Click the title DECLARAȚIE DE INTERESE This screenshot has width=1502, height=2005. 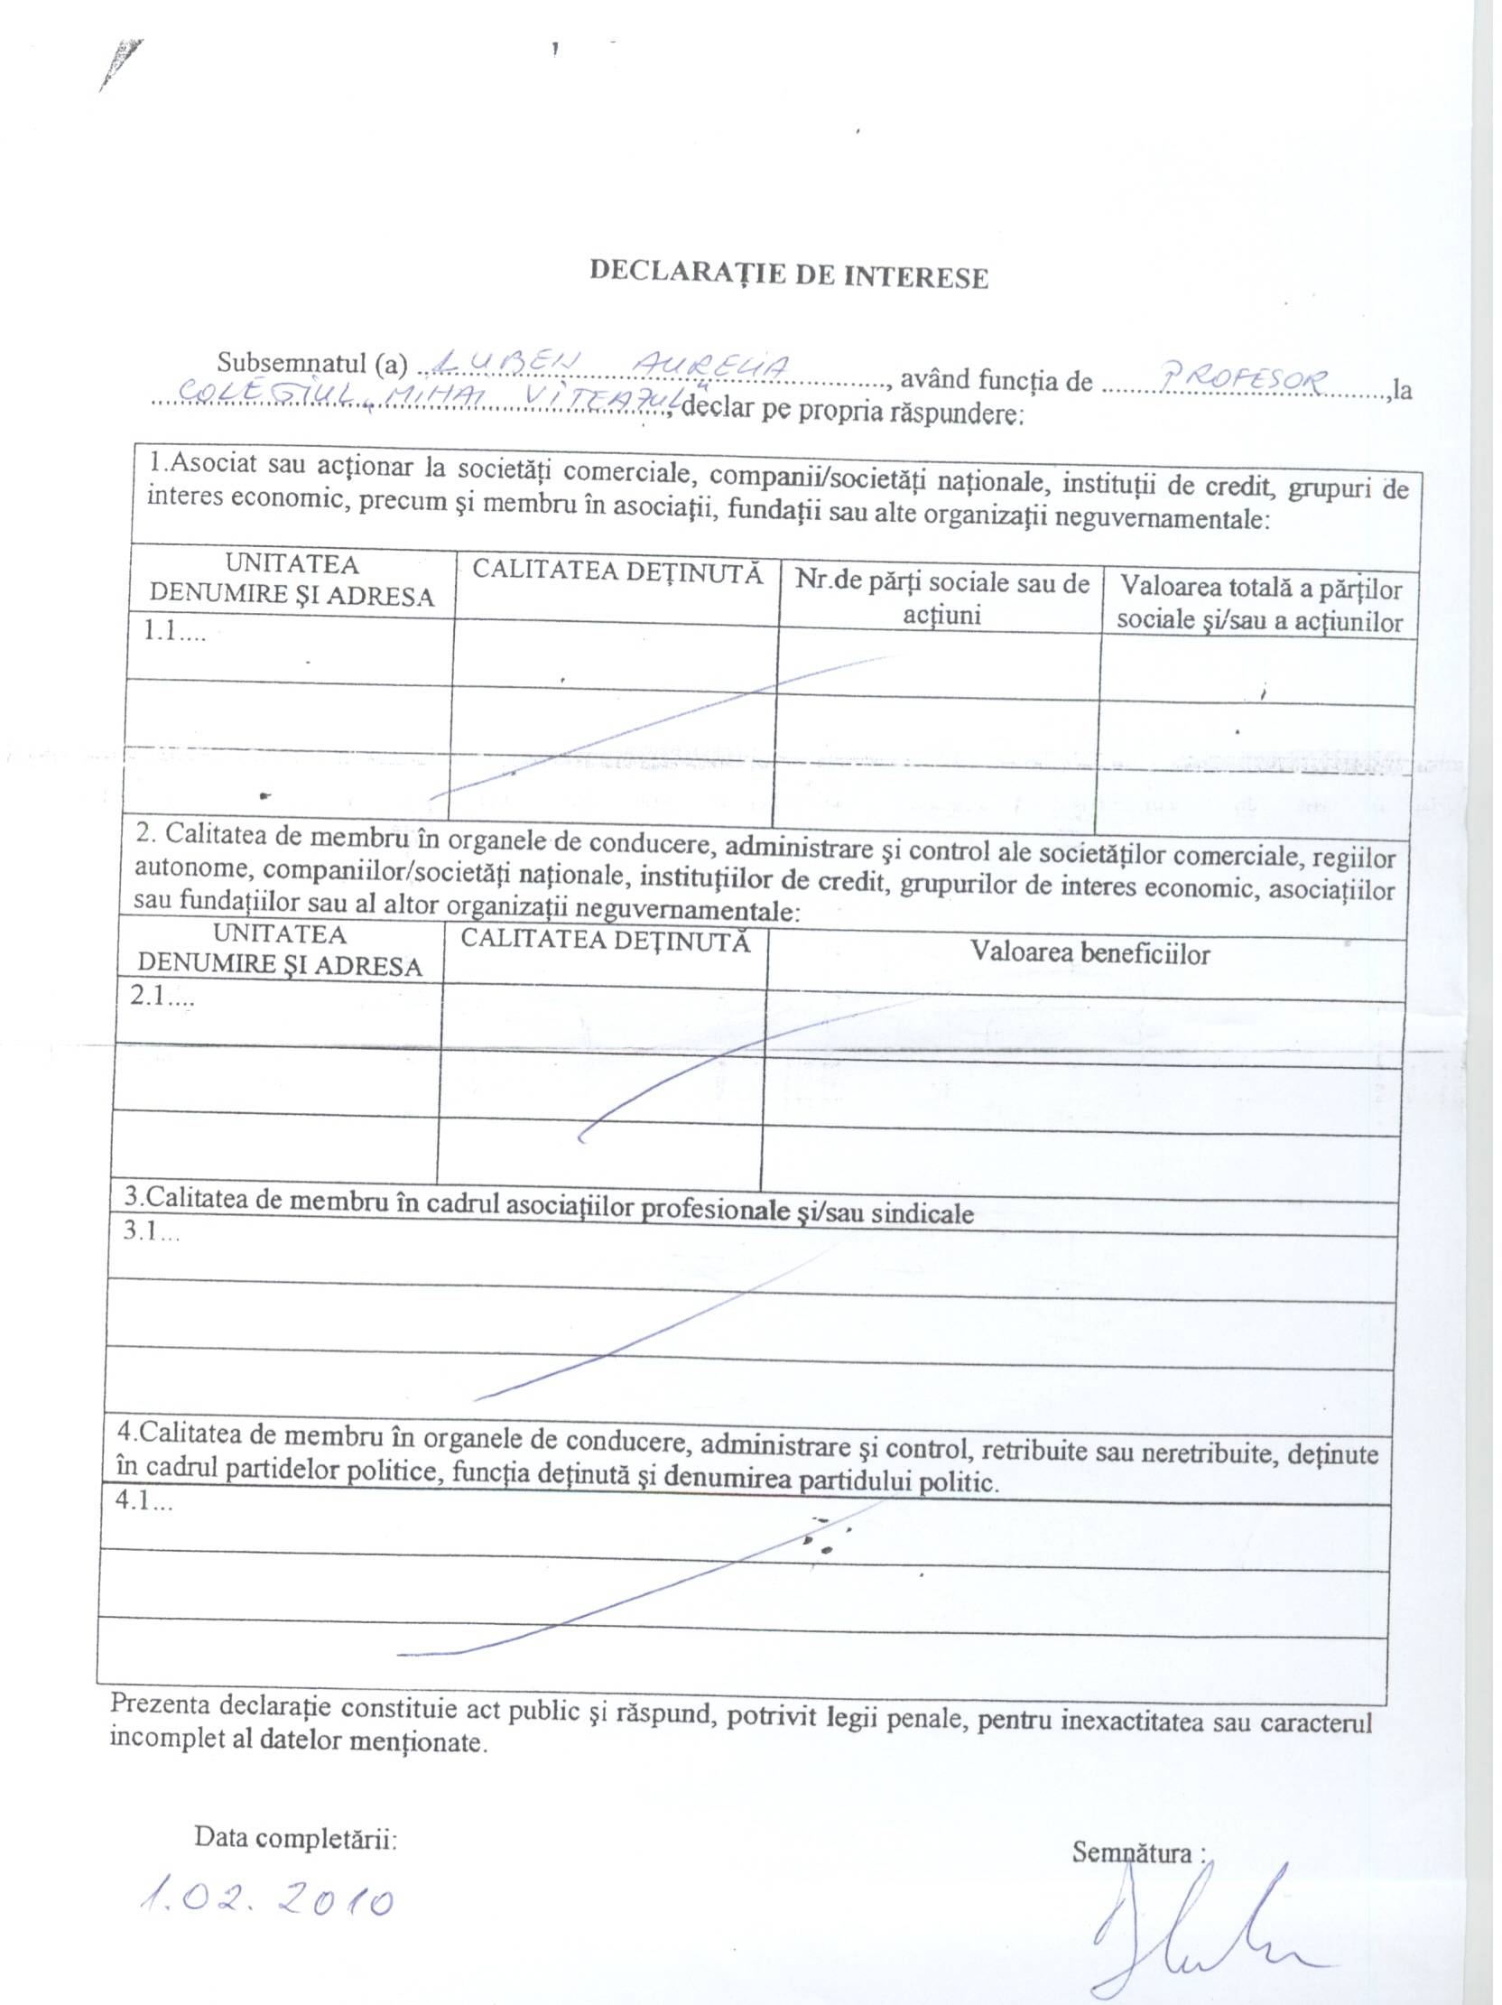[788, 274]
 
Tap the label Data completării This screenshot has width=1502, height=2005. [295, 1838]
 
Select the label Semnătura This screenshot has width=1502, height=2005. [1133, 1852]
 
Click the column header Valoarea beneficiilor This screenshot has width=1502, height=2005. [1089, 952]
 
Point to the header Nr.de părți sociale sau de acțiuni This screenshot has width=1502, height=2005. [941, 599]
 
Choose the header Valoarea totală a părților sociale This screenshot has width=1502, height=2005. [1260, 604]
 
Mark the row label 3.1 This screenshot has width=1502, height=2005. [151, 1231]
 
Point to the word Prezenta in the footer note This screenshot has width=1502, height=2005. [160, 1703]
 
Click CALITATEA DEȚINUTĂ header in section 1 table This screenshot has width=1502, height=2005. [617, 572]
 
